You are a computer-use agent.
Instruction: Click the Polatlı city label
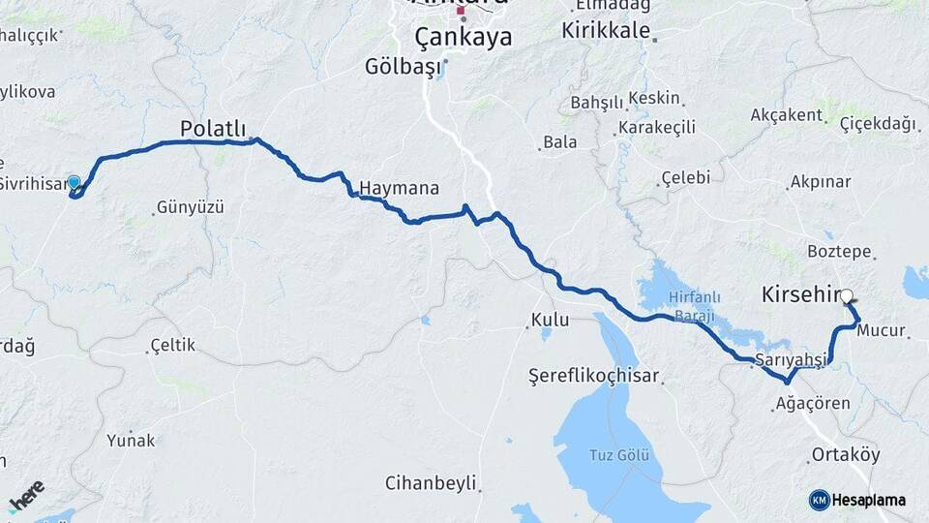tap(213, 129)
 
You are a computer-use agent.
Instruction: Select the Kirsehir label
tap(798, 293)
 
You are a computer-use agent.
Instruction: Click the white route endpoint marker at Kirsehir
tap(847, 296)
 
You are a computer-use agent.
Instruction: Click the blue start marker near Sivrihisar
tap(74, 181)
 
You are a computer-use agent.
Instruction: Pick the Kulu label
tap(549, 320)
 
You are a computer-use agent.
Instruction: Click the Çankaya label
tap(463, 38)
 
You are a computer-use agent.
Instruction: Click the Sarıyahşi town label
tap(792, 359)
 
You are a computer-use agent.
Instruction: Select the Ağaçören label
tap(813, 403)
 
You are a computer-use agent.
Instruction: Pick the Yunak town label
tap(131, 441)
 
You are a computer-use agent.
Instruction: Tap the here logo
tap(26, 497)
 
